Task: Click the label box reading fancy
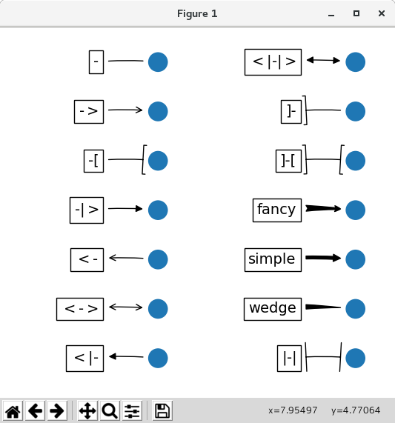click(277, 210)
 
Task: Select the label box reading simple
click(273, 260)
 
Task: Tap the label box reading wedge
click(273, 309)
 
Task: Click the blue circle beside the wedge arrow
click(355, 309)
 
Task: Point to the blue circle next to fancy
click(355, 210)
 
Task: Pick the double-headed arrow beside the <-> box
click(126, 307)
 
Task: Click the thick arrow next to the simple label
click(323, 258)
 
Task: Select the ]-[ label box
click(289, 161)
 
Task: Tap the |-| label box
click(290, 359)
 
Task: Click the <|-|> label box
click(273, 62)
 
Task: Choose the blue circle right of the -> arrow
click(158, 111)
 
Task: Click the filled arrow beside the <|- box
click(126, 356)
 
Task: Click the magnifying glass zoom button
click(110, 411)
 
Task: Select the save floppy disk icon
click(162, 411)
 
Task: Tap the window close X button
click(382, 13)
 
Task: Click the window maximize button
click(356, 13)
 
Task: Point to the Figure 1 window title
click(197, 13)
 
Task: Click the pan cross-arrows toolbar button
click(87, 411)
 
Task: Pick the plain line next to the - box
click(126, 61)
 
